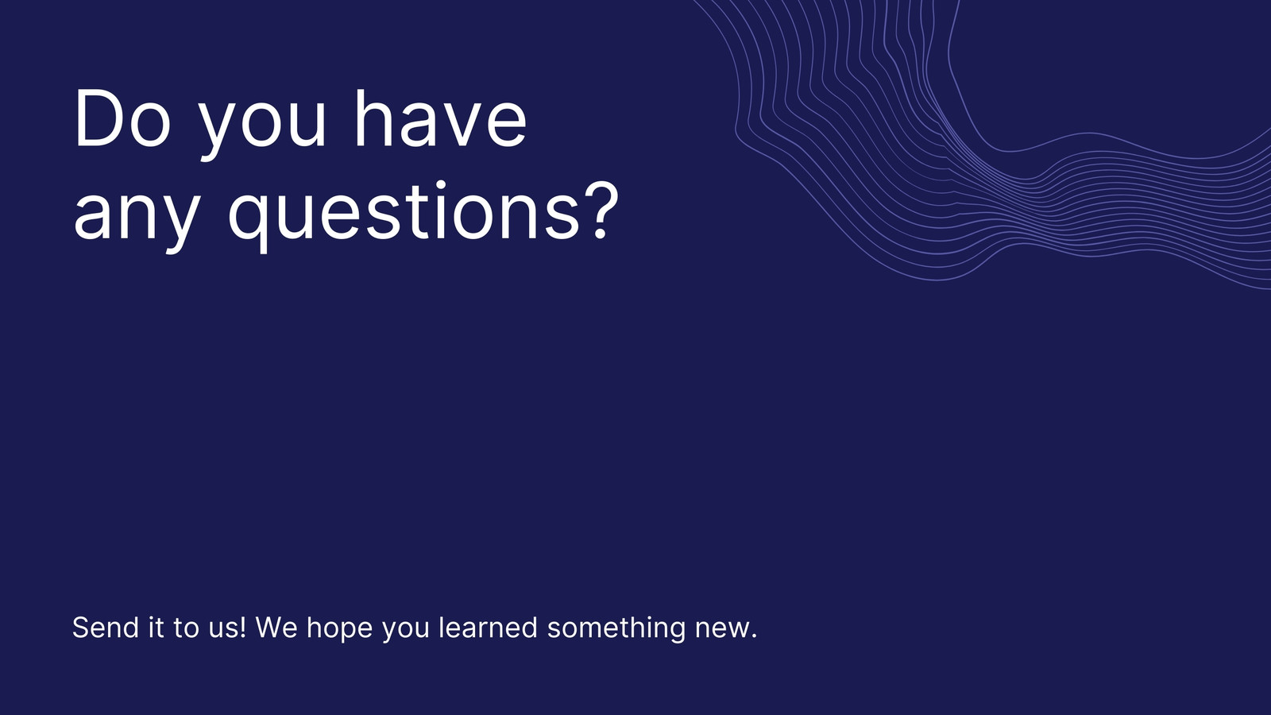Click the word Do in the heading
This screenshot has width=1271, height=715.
click(122, 118)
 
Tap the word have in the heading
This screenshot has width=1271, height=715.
click(440, 118)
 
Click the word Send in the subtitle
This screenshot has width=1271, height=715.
click(106, 627)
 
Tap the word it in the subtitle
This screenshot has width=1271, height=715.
click(156, 627)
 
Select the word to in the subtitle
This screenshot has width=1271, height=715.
click(186, 628)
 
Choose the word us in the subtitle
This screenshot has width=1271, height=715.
click(223, 630)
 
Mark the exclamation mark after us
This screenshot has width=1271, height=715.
click(243, 627)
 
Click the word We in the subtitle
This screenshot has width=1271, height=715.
click(276, 627)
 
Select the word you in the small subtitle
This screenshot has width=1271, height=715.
click(406, 632)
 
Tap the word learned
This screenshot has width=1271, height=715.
click(488, 627)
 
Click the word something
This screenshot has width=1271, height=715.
click(616, 628)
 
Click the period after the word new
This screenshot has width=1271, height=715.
click(754, 636)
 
